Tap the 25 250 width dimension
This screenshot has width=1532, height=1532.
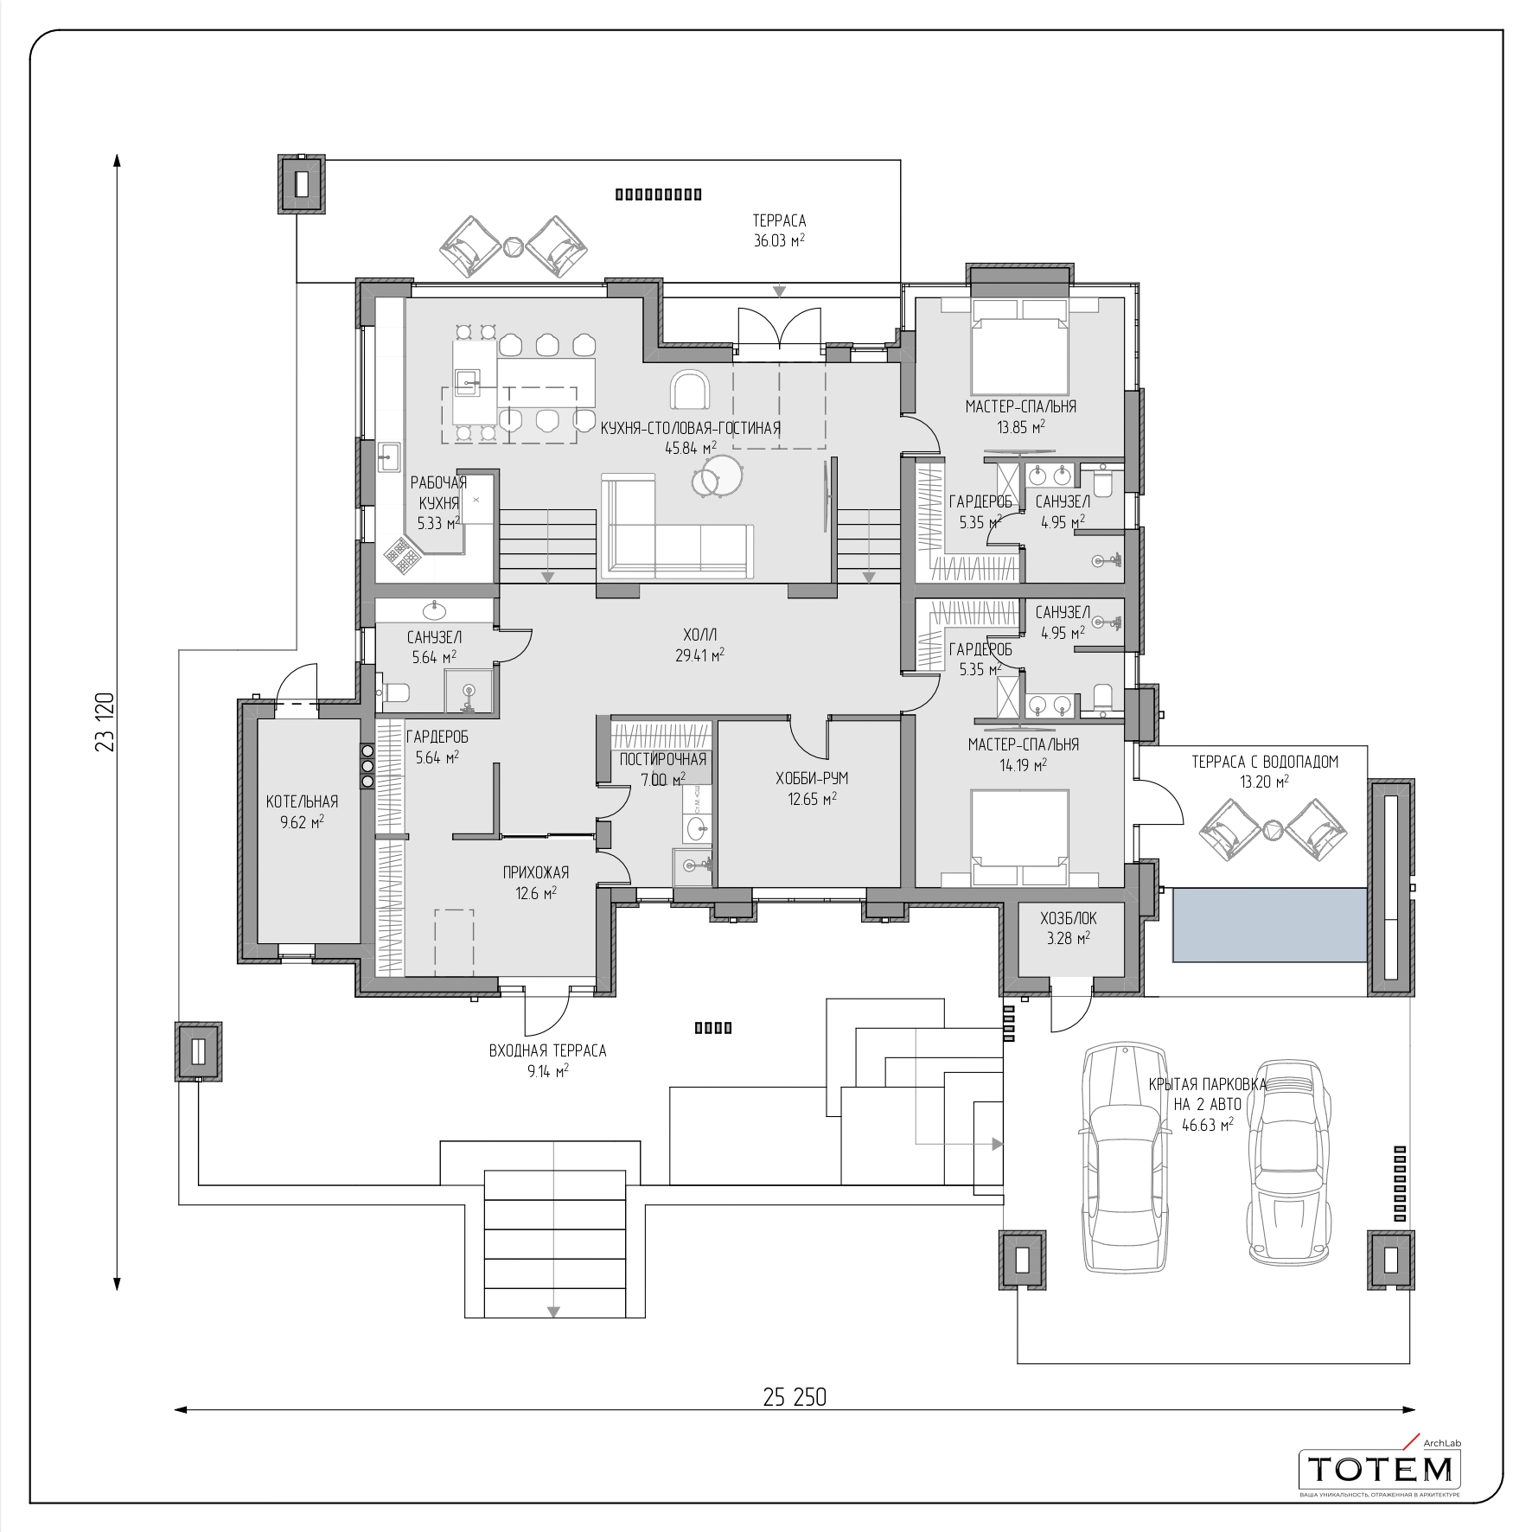795,1397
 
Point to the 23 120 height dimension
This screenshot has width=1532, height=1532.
105,721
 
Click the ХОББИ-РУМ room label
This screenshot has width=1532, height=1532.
812,778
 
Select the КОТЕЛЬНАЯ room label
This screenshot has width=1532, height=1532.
302,801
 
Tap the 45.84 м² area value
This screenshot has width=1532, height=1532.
691,448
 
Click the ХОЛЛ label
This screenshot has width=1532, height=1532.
699,635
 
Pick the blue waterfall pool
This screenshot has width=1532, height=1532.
1270,925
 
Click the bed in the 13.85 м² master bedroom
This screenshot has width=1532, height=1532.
1020,347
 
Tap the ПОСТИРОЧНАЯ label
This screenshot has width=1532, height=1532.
663,759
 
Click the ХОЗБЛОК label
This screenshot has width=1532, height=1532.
1069,918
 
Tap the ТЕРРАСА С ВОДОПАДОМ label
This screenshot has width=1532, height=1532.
1265,762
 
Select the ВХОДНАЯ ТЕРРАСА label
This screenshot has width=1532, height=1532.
548,1050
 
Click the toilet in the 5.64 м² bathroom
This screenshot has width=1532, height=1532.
394,693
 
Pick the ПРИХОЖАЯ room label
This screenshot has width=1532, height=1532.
536,872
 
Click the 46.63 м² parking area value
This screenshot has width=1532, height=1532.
1208,1124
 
